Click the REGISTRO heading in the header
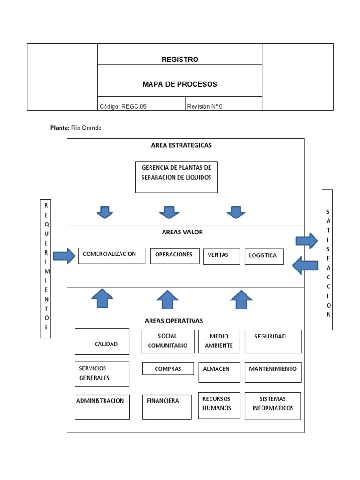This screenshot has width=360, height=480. tap(180, 60)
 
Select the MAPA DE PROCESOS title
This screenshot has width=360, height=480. tap(180, 84)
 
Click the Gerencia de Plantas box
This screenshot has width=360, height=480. tap(177, 177)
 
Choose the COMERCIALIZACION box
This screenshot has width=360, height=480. tap(112, 256)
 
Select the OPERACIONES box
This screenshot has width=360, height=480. tap(175, 256)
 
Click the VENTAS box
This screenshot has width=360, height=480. tap(221, 256)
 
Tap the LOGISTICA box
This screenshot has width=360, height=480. tap(264, 256)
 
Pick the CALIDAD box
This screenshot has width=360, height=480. tap(102, 341)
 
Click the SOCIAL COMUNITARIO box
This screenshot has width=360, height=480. tap(167, 341)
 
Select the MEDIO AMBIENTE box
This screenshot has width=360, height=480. tap(219, 341)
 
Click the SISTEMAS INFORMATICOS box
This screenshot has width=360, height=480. tap(273, 405)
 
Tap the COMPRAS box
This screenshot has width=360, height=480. tap(168, 369)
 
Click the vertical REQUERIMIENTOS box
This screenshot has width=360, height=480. tap(45, 268)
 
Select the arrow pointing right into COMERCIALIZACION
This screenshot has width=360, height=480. tap(64, 256)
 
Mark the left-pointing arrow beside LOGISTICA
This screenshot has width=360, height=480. tap(305, 266)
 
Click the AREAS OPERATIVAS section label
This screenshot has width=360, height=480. tap(174, 321)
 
